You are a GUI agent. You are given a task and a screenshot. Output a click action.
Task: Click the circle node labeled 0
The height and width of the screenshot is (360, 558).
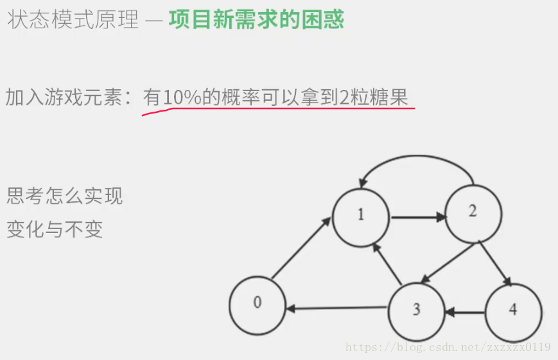click(x=257, y=305)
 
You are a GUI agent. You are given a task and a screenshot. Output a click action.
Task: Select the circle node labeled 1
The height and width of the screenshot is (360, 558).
click(x=361, y=216)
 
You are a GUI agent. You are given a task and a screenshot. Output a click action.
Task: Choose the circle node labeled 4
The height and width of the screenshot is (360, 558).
click(x=513, y=311)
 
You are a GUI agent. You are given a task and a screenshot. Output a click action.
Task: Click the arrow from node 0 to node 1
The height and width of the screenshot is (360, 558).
click(x=301, y=248)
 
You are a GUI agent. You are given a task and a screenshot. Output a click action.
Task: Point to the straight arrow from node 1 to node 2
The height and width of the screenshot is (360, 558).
click(x=417, y=217)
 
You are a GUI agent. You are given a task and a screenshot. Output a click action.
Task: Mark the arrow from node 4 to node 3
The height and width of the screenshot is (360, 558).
click(x=466, y=313)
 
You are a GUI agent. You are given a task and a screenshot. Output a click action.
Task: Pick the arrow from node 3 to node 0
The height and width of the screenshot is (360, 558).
click(x=337, y=309)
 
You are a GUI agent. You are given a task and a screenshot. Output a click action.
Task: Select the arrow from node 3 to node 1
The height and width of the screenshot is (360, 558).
click(x=388, y=263)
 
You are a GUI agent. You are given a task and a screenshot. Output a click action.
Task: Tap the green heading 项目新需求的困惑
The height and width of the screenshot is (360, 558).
click(x=256, y=19)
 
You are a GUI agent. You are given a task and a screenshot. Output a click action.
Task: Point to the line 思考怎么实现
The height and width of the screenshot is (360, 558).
click(x=64, y=196)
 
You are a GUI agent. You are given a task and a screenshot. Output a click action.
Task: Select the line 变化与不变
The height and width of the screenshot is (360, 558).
click(x=55, y=228)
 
